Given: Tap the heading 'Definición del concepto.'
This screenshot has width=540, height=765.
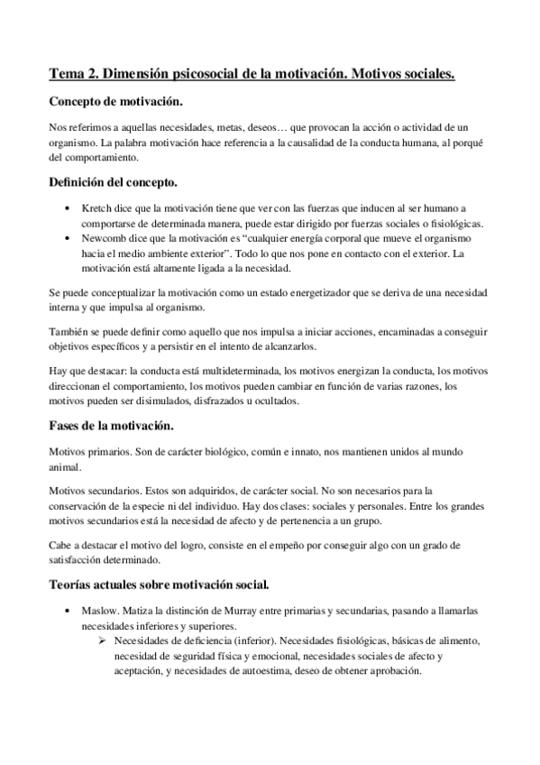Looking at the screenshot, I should tap(119, 184).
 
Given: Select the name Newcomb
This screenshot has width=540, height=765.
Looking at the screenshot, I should tap(106, 238).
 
